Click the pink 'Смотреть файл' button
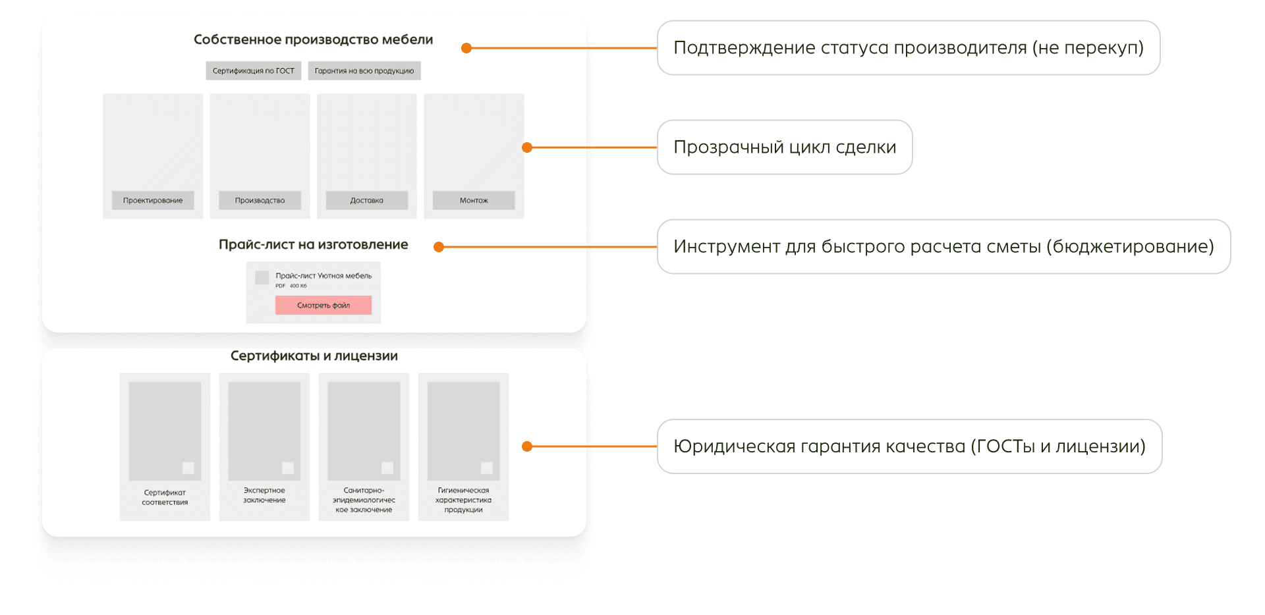[x=323, y=305]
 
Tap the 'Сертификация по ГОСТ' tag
[x=254, y=70]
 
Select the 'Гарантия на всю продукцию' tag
[x=364, y=70]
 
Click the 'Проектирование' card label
[x=153, y=200]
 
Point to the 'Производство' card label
[x=260, y=200]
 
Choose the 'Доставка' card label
[x=366, y=200]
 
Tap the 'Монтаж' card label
[x=474, y=200]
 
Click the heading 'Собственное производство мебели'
[x=313, y=40]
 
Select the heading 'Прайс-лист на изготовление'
[x=313, y=244]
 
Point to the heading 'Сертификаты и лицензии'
[x=314, y=356]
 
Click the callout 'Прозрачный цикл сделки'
[x=784, y=147]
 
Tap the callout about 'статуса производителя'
[x=908, y=47]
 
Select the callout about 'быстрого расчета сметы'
[x=943, y=246]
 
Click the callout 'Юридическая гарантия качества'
[x=909, y=446]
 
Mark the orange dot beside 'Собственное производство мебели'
[x=466, y=48]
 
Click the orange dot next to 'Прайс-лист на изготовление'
[x=439, y=247]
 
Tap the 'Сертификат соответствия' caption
[x=165, y=497]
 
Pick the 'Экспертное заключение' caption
[x=264, y=495]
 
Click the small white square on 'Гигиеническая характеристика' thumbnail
[x=487, y=468]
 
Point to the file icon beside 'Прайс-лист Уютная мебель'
[x=262, y=277]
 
